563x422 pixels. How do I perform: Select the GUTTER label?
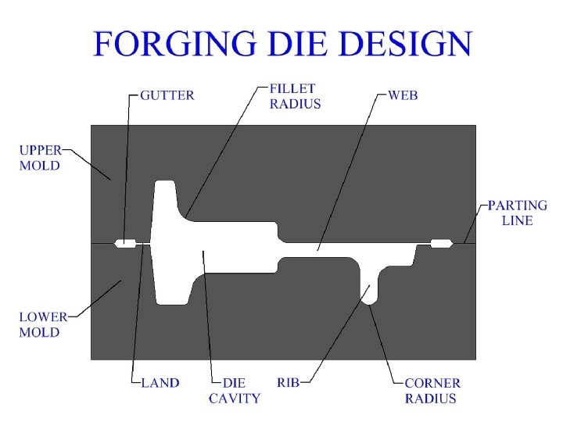(167, 96)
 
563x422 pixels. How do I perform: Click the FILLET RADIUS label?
(295, 97)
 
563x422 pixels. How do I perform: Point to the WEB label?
(403, 95)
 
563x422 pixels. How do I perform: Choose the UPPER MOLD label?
(40, 157)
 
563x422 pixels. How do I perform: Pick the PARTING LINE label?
(517, 213)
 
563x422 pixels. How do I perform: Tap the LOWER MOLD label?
(40, 325)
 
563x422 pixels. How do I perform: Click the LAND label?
(160, 383)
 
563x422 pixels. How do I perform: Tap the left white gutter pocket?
(125, 243)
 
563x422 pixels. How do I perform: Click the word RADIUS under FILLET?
(295, 104)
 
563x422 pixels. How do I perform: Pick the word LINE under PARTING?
(517, 220)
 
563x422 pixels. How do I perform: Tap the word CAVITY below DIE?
(235, 399)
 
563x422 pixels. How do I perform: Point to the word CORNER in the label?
(432, 383)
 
